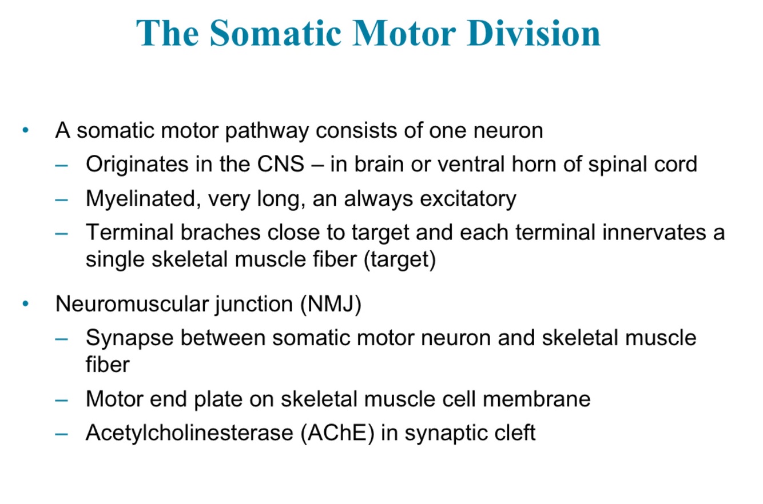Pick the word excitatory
(x=468, y=199)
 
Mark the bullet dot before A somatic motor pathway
(x=25, y=131)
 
